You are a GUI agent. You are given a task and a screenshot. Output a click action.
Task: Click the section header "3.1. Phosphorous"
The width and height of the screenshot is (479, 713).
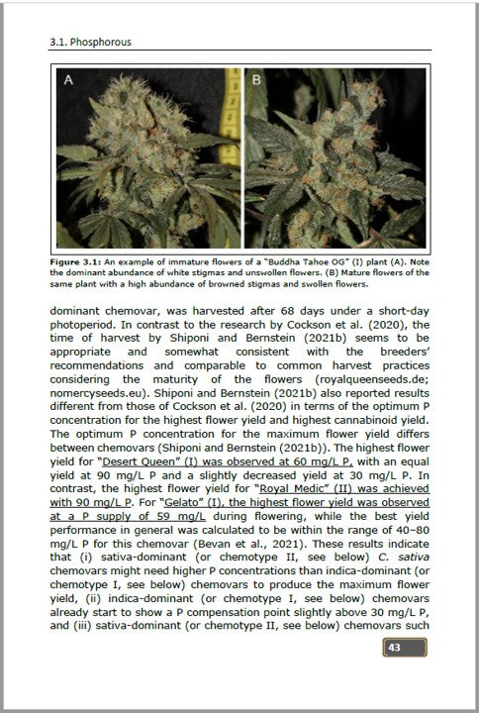click(x=90, y=44)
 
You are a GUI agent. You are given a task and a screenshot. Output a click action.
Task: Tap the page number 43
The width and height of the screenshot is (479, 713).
click(x=394, y=648)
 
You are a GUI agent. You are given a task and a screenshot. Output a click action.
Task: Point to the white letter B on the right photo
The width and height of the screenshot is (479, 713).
click(x=254, y=81)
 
